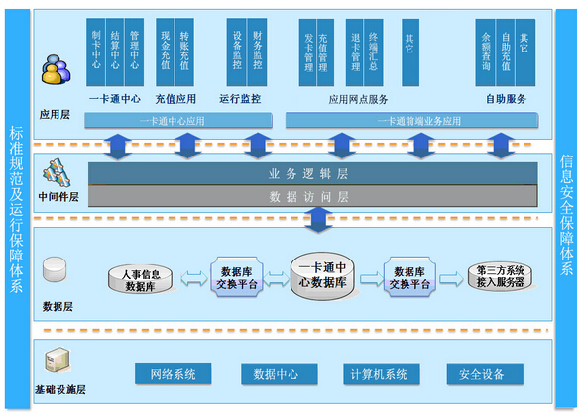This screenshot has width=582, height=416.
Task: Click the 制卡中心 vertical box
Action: [x=95, y=50]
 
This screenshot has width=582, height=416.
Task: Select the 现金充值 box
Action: [x=164, y=50]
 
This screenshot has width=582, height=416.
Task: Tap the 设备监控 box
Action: [x=237, y=50]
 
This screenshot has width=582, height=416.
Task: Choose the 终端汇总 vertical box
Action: [x=373, y=50]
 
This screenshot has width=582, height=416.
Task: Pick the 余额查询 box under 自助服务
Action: [x=486, y=50]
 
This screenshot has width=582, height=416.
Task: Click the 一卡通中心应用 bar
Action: [x=177, y=121]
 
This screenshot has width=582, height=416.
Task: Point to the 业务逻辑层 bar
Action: [x=307, y=173]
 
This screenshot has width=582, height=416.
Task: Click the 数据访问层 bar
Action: [x=307, y=196]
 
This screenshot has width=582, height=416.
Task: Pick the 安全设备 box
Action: [x=483, y=374]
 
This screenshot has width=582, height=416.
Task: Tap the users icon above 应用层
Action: [x=57, y=71]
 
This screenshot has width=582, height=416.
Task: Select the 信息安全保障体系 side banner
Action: [x=566, y=208]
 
